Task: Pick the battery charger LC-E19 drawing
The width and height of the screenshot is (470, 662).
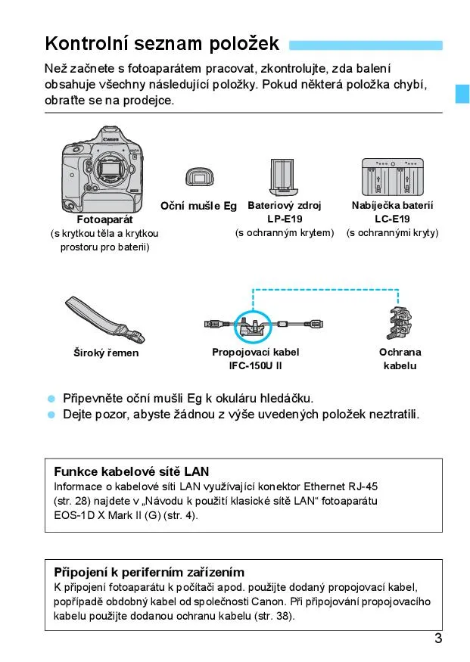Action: tap(392, 178)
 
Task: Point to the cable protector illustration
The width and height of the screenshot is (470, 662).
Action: tap(399, 325)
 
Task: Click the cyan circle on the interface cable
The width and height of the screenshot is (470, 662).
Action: tap(253, 326)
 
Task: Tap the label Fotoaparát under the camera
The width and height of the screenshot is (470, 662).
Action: tap(104, 220)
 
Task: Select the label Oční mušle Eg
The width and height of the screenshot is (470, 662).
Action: tap(198, 206)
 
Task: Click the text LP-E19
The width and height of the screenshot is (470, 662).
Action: tap(284, 219)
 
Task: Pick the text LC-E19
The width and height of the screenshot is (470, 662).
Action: tap(392, 219)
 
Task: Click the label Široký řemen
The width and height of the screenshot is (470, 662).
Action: tap(106, 353)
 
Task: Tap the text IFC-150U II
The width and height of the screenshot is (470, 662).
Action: tap(256, 366)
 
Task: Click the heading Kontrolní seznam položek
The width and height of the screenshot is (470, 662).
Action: tap(162, 43)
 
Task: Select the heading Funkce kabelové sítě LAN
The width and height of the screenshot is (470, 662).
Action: tap(132, 471)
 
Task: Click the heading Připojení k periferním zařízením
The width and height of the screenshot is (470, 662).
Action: tap(149, 572)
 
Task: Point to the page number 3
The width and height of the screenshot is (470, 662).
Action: tap(438, 638)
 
